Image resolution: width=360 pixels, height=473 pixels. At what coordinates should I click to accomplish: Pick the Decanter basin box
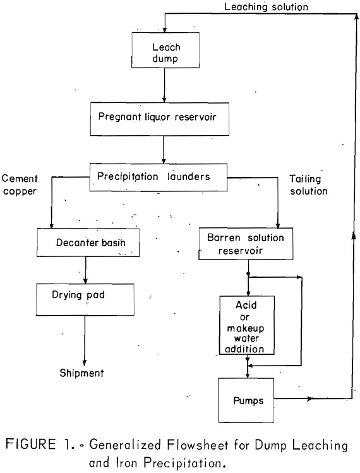point(86,242)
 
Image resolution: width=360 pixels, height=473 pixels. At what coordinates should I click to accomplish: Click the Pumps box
point(247,398)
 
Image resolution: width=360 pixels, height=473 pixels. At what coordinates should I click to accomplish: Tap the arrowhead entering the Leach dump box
point(164,29)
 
